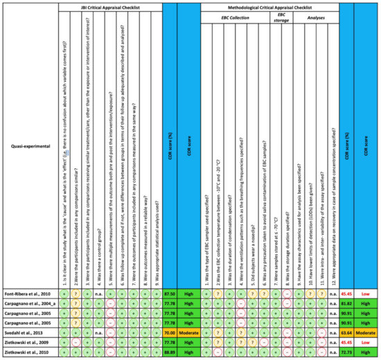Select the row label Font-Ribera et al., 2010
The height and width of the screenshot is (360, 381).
28,294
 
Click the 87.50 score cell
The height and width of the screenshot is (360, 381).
169,294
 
